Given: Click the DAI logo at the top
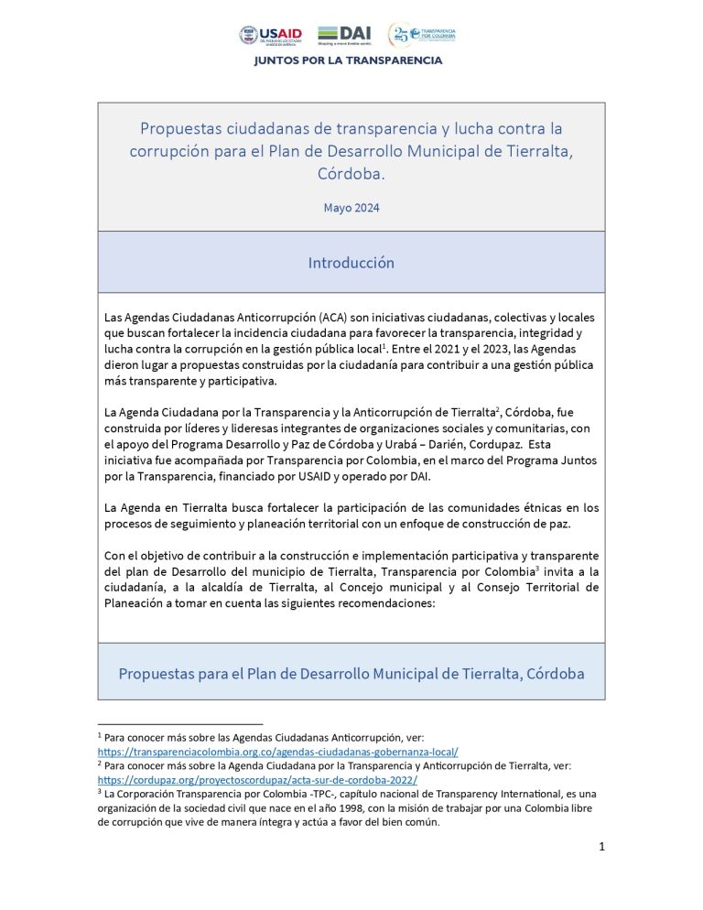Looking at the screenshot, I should tap(344, 35).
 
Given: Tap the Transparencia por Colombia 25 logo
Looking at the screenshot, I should tap(422, 35).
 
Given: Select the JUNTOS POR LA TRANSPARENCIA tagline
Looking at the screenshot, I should tap(348, 61).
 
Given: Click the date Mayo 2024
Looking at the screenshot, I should tap(351, 208).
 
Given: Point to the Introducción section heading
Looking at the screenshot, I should tap(351, 263).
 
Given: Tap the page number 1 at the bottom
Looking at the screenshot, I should tap(601, 847).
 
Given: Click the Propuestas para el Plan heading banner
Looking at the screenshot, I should tap(351, 674).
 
